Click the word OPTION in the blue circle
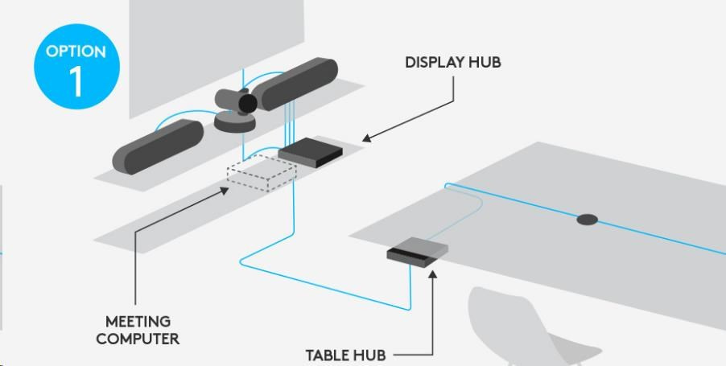click(x=76, y=52)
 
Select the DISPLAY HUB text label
click(x=453, y=62)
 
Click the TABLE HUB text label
click(x=345, y=355)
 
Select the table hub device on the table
click(x=417, y=251)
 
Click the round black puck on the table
click(x=587, y=219)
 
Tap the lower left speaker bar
click(x=158, y=145)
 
